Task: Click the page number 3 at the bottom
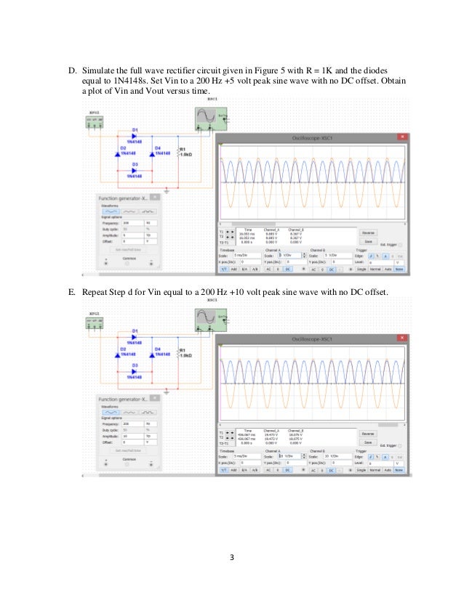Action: click(x=231, y=558)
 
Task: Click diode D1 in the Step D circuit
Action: click(x=133, y=135)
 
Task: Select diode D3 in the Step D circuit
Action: click(x=133, y=170)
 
